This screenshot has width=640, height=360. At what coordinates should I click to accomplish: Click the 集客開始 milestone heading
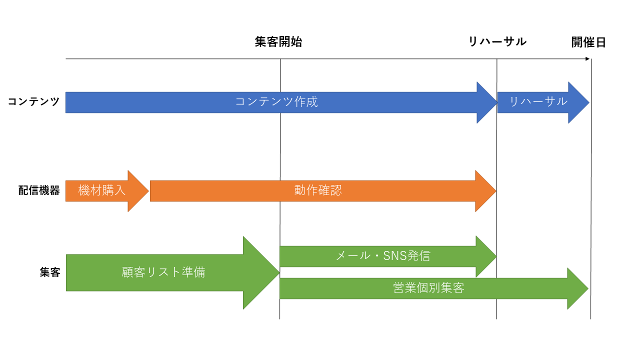tap(278, 42)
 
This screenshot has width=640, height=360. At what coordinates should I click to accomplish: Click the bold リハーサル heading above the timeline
tap(497, 42)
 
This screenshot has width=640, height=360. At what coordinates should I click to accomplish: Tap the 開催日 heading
tap(588, 42)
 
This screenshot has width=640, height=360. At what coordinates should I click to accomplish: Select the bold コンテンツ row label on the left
tap(33, 102)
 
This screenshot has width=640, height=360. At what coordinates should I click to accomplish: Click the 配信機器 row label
tap(39, 191)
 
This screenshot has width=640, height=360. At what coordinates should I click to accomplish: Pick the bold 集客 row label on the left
tap(50, 272)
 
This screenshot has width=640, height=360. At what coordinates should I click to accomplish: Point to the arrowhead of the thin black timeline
tap(587, 59)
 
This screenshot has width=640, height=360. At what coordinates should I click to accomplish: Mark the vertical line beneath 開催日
tap(591, 200)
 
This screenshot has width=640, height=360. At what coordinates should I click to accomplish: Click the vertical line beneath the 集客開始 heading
tap(280, 150)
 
